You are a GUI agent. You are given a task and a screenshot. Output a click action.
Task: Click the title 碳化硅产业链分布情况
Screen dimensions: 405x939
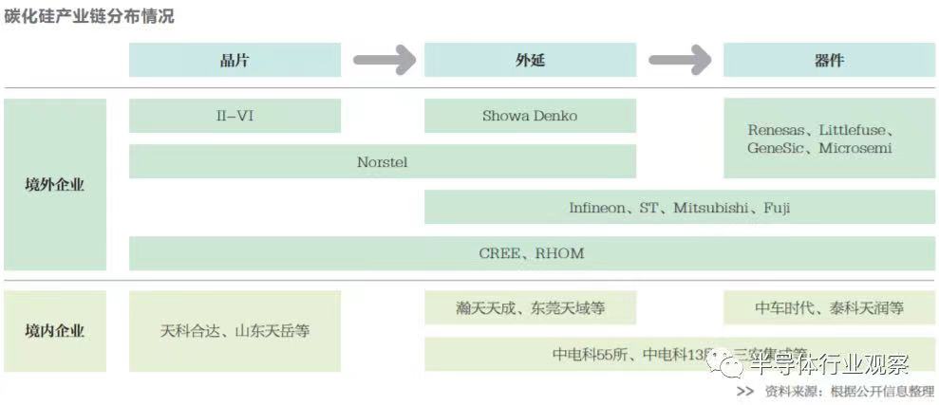(x=89, y=16)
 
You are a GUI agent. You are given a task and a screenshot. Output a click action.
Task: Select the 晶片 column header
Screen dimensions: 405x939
(x=235, y=60)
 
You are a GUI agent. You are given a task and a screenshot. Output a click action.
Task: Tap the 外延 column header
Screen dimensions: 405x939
(x=530, y=60)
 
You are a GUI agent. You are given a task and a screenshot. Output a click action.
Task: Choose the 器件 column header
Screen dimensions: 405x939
(x=829, y=60)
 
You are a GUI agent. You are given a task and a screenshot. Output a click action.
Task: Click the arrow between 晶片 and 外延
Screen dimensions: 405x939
(x=384, y=60)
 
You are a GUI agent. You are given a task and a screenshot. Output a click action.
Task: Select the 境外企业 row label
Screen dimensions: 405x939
(x=54, y=185)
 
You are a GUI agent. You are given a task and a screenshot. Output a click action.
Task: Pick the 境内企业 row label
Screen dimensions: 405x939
(x=54, y=331)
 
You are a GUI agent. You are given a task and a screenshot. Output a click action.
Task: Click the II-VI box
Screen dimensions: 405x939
(x=235, y=116)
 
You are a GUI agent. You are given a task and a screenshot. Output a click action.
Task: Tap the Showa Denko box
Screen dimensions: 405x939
(x=530, y=116)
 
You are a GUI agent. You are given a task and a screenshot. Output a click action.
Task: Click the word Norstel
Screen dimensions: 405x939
(x=382, y=162)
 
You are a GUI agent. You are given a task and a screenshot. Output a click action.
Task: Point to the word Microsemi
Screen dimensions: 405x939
(x=855, y=149)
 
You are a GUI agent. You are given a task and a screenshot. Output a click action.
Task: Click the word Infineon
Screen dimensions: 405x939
(x=597, y=208)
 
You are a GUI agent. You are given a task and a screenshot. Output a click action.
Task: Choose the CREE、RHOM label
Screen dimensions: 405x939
(x=532, y=253)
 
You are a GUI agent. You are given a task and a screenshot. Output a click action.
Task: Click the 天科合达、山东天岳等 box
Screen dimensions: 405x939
(x=235, y=331)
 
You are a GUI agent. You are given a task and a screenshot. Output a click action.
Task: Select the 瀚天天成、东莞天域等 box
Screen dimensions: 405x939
(x=530, y=308)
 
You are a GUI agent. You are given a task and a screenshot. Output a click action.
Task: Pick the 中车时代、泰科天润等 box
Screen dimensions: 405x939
(x=829, y=308)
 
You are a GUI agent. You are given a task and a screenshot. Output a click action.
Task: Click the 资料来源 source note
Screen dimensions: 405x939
(x=836, y=391)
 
